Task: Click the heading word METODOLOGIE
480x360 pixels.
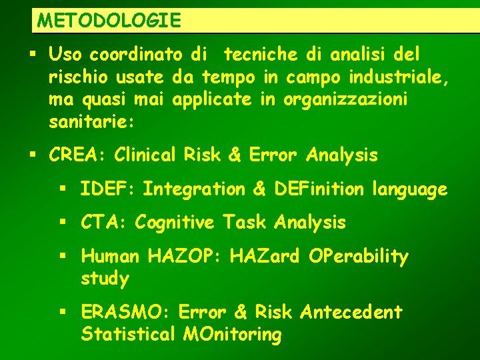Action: click(109, 20)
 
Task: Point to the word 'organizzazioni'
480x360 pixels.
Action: click(345, 100)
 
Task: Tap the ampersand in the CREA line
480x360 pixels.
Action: click(234, 155)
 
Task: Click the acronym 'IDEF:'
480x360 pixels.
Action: click(107, 189)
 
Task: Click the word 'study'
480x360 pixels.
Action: click(105, 279)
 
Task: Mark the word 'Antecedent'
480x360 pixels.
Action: click(351, 311)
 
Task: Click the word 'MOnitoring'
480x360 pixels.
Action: click(232, 334)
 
